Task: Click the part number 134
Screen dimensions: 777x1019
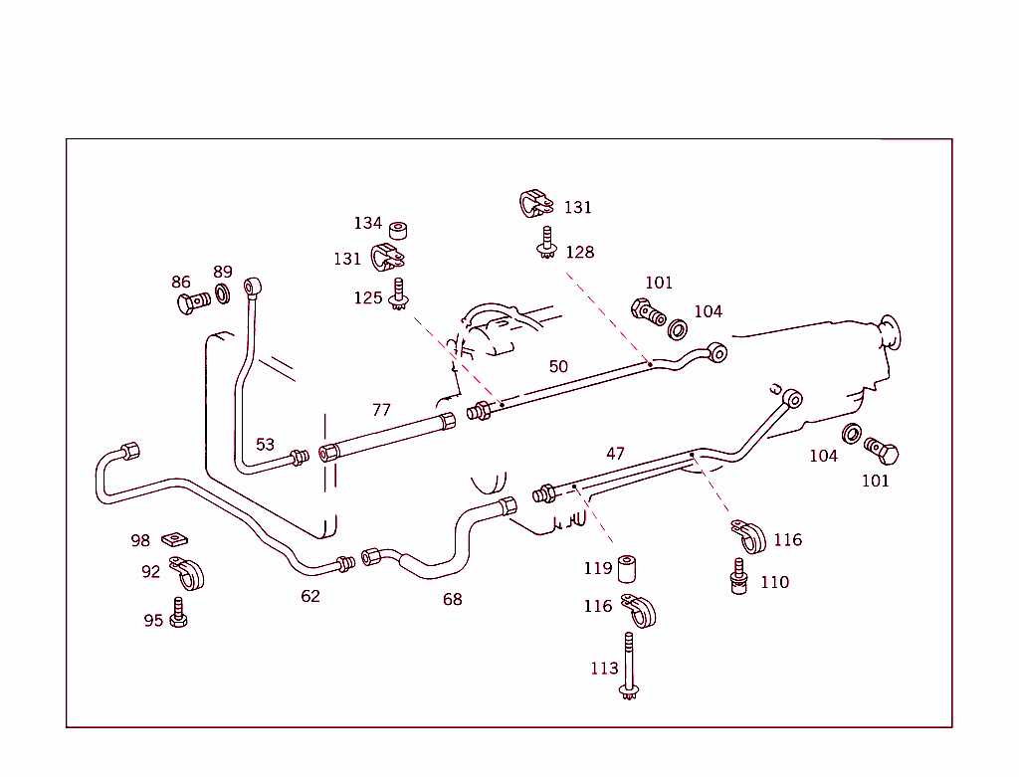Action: click(x=368, y=223)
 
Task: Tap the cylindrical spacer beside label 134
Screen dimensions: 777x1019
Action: click(x=399, y=231)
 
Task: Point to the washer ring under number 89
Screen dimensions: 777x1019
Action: click(x=223, y=294)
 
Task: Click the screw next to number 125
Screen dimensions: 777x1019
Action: click(x=399, y=295)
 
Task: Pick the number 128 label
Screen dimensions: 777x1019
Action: click(x=579, y=252)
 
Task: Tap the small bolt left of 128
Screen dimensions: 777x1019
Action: click(x=545, y=243)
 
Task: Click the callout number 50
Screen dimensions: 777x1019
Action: click(x=558, y=366)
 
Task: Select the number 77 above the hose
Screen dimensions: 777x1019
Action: click(x=381, y=409)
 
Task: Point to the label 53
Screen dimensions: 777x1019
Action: click(x=265, y=444)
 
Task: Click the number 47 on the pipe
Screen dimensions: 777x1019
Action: click(x=616, y=453)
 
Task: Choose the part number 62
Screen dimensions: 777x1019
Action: click(x=310, y=596)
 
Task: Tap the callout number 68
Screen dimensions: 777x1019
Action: click(x=453, y=599)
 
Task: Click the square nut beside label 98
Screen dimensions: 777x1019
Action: click(x=175, y=539)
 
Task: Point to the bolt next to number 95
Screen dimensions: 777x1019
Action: click(x=179, y=612)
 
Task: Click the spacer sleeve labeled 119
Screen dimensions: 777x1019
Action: click(x=627, y=569)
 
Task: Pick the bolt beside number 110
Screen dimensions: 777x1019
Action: click(x=738, y=576)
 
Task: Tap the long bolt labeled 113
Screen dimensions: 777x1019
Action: click(x=629, y=665)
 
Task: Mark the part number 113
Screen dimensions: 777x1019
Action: click(x=604, y=669)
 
